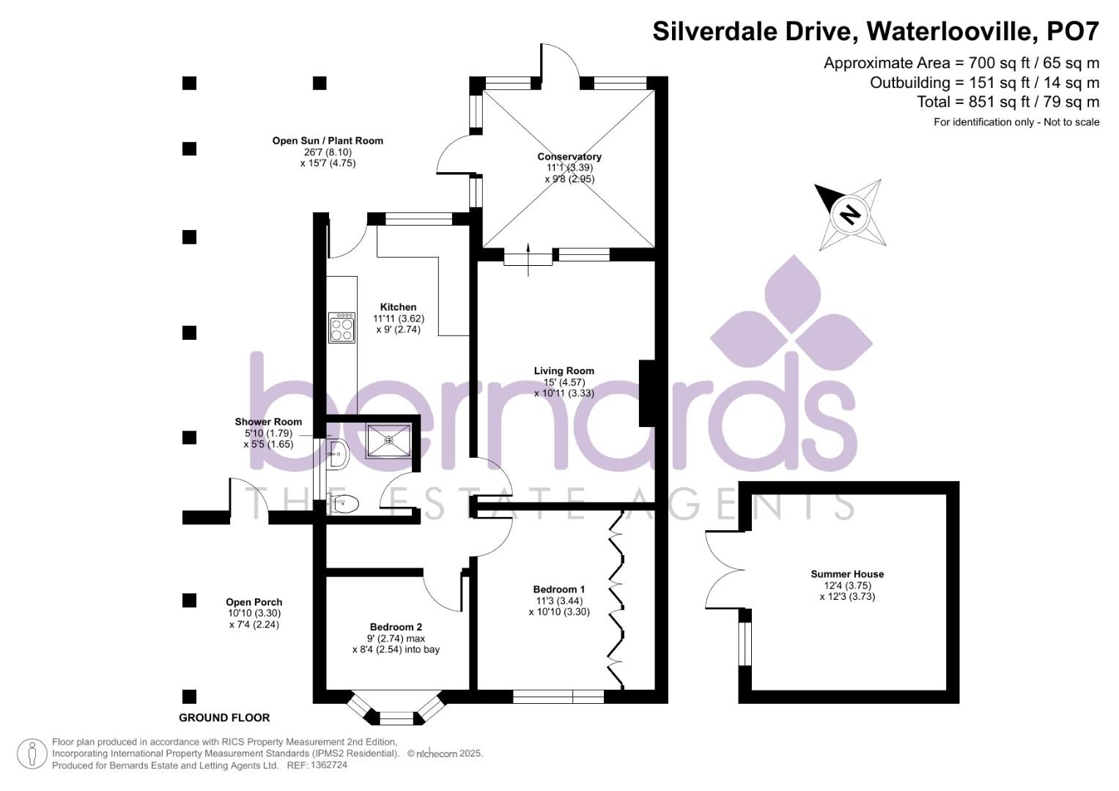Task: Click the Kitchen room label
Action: click(x=398, y=308)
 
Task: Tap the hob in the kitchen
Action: click(x=341, y=327)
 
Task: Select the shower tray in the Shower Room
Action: click(x=388, y=440)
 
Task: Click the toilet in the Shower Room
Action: click(x=344, y=504)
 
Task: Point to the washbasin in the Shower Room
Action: click(x=339, y=454)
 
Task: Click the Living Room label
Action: click(x=564, y=371)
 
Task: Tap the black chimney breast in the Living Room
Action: click(x=646, y=393)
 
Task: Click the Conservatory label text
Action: click(x=569, y=157)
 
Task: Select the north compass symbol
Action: click(x=850, y=214)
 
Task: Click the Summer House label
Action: click(x=847, y=574)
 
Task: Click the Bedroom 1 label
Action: click(x=558, y=590)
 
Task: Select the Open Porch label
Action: click(x=254, y=603)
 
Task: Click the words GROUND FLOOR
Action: click(x=224, y=718)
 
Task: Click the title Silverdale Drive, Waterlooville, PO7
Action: click(x=876, y=31)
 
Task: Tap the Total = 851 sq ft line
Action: click(x=1008, y=102)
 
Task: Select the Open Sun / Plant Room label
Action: click(x=328, y=141)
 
